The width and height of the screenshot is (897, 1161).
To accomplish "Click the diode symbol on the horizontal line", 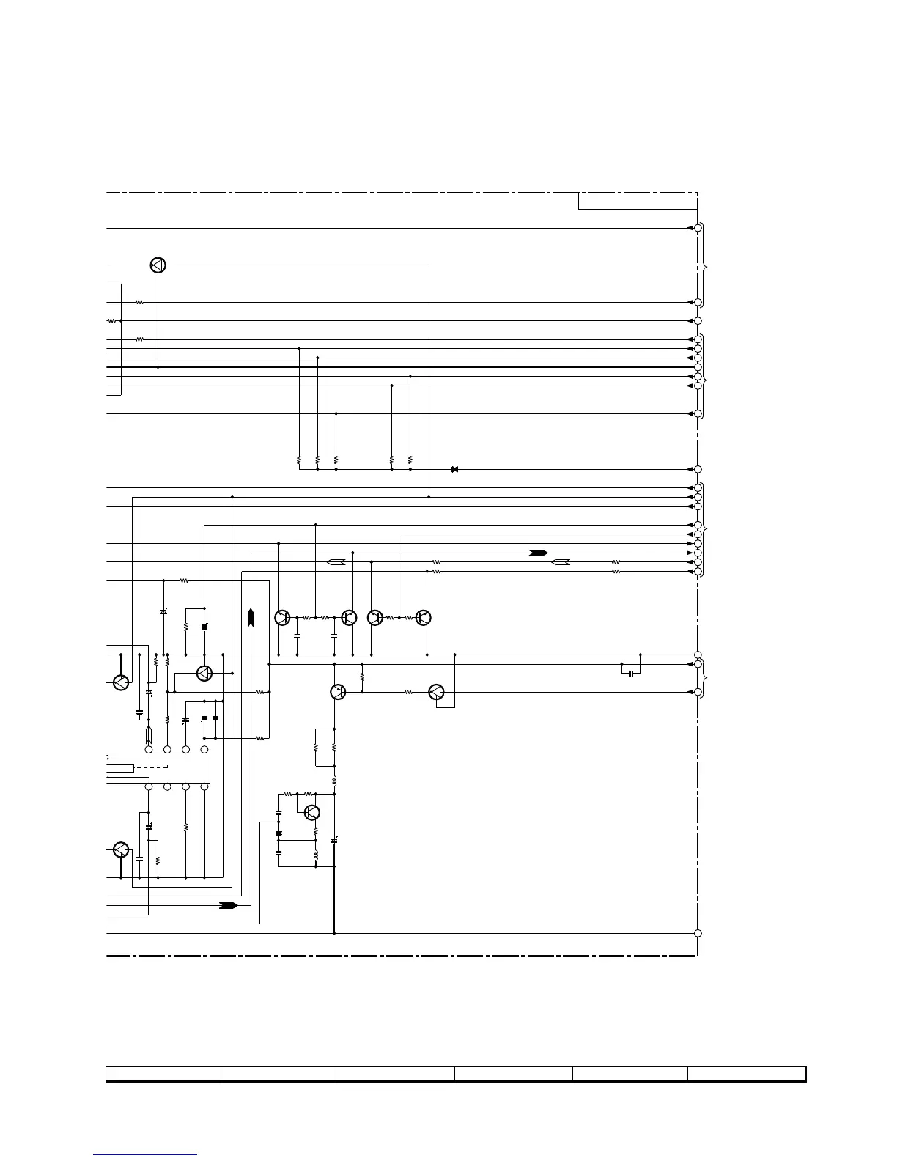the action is click(454, 469).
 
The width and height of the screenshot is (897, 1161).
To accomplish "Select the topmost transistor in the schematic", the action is click(158, 265).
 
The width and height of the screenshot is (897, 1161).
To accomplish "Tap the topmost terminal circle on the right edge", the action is click(698, 228).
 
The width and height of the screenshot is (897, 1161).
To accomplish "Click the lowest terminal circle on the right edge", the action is click(698, 933).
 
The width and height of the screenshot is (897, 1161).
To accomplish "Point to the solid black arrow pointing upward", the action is click(251, 618).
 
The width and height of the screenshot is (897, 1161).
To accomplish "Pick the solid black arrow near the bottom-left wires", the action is click(229, 905).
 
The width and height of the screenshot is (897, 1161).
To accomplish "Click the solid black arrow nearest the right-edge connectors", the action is click(539, 552).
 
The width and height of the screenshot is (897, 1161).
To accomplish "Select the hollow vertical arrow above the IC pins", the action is click(149, 732).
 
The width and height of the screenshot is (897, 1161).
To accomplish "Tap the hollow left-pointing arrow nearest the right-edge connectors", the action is click(561, 562).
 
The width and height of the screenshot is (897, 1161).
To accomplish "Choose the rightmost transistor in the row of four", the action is click(423, 618).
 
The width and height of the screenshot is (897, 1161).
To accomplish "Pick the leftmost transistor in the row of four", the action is click(282, 618).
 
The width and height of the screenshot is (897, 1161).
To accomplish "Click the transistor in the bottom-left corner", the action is click(121, 850).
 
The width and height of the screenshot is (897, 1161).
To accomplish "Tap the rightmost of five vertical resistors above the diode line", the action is click(410, 460).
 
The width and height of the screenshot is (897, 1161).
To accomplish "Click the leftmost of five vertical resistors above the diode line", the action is click(299, 460).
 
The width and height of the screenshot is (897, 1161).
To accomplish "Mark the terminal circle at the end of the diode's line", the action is click(698, 469).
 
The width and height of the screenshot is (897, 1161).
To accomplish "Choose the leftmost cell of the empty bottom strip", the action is click(163, 1074).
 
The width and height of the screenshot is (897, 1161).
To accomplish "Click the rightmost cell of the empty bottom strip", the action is click(746, 1074).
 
